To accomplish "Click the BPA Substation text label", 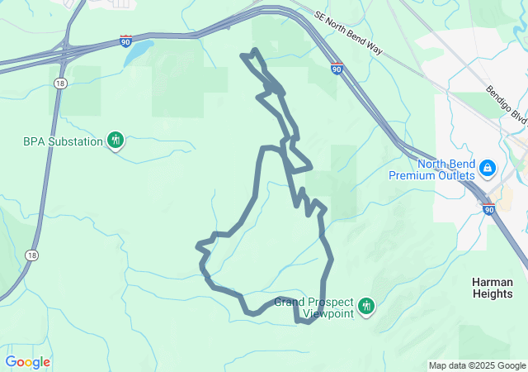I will click(62, 141).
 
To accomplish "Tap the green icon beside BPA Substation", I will click(115, 140).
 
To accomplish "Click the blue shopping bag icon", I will click(488, 169).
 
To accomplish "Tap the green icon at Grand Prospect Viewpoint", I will click(366, 308).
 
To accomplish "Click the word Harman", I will click(492, 282).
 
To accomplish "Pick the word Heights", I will click(492, 293).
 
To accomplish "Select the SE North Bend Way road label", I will click(348, 32).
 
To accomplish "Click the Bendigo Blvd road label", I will click(506, 103).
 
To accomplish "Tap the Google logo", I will click(27, 362).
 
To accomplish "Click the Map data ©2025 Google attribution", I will click(476, 365).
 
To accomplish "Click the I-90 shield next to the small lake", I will click(125, 40).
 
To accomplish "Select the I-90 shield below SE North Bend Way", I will click(337, 69).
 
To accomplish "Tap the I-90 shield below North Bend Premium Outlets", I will click(489, 209).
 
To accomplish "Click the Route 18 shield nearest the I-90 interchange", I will click(60, 83).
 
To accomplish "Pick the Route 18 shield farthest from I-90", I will click(31, 254).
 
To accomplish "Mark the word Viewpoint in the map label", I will click(328, 313).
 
